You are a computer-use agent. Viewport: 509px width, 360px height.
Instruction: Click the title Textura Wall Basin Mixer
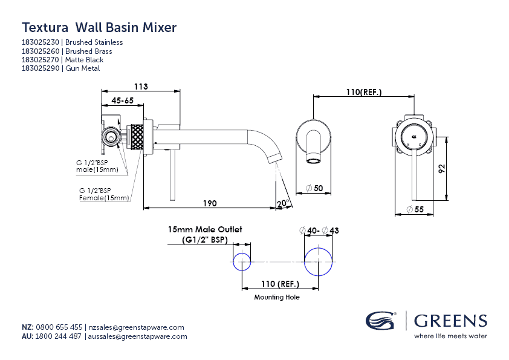tap(99, 27)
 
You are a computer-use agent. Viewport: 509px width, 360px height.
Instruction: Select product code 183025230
tap(41, 42)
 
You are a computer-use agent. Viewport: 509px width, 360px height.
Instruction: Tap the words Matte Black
tap(84, 60)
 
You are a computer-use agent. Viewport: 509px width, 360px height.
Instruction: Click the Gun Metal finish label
tap(82, 69)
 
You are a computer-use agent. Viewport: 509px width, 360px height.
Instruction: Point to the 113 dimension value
tap(141, 87)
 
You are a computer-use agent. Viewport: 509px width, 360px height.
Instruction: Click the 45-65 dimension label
tap(122, 101)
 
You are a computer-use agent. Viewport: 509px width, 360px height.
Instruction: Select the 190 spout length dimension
tap(209, 203)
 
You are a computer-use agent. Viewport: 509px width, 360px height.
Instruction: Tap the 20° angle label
tap(284, 204)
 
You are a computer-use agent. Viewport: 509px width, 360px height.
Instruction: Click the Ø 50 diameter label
tap(315, 189)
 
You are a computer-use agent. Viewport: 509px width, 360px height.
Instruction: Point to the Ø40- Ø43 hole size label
tap(319, 231)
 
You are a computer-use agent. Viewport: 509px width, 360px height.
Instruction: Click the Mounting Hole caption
tap(276, 297)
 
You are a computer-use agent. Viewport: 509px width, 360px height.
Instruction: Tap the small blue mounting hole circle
tap(242, 262)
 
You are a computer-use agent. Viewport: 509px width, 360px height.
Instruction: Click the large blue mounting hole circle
tap(319, 262)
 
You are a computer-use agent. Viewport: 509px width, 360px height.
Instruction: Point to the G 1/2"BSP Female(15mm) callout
tap(104, 194)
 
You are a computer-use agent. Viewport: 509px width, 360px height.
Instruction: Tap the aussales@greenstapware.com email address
tap(137, 336)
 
